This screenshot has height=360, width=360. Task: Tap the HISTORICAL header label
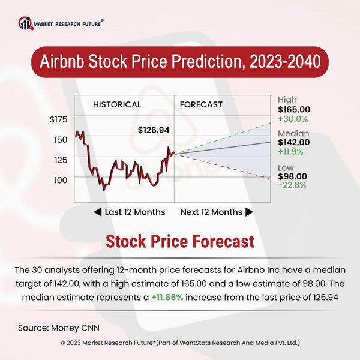[117, 104]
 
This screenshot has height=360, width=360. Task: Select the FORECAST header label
[201, 104]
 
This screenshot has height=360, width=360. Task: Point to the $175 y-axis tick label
[58, 120]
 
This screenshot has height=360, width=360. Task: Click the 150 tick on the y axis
[61, 139]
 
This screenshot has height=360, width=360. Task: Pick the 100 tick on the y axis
[61, 179]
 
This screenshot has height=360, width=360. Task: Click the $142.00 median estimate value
[294, 142]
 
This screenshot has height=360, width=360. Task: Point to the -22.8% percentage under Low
[292, 185]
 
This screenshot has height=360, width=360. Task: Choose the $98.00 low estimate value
[292, 176]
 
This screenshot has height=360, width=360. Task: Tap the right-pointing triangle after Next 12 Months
[249, 212]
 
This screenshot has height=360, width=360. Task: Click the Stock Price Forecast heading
[179, 241]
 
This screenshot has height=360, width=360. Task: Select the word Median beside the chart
[293, 133]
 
